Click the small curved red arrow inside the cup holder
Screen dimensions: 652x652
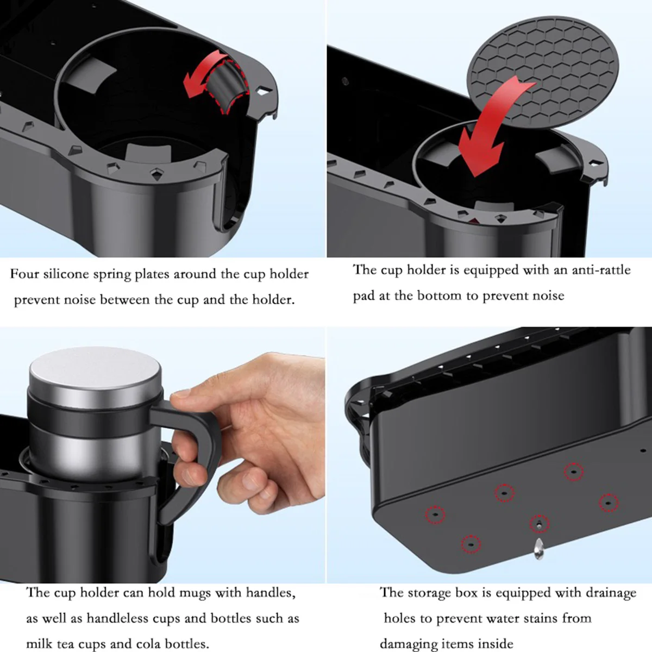(203, 74)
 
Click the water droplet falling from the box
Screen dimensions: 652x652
(539, 549)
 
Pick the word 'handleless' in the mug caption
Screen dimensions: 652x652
(117, 618)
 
